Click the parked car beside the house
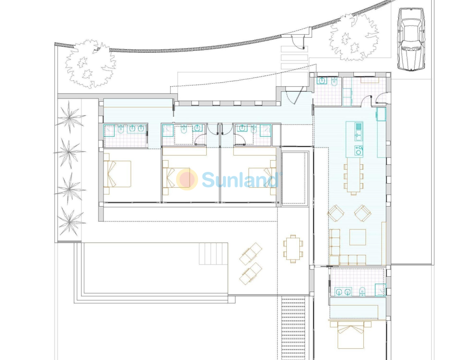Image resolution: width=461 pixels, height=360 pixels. (411, 39)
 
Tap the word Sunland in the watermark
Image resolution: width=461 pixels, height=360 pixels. (241, 180)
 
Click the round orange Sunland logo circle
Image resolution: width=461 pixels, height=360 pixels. (187, 179)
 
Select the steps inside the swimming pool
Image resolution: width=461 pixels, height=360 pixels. (213, 254)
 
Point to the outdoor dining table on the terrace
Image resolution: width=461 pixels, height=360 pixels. (293, 249)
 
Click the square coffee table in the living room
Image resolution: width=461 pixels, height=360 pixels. (357, 237)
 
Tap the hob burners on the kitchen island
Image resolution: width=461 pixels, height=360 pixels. (358, 150)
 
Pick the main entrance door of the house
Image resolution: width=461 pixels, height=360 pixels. (294, 94)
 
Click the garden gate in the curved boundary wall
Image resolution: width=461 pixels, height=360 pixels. (297, 41)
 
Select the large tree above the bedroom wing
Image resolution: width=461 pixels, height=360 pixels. (90, 63)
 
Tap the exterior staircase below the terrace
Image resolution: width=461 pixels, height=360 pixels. (294, 328)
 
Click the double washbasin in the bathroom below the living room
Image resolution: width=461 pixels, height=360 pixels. (343, 292)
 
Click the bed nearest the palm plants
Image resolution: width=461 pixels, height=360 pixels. (118, 174)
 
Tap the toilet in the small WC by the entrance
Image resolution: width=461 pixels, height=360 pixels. (334, 81)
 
